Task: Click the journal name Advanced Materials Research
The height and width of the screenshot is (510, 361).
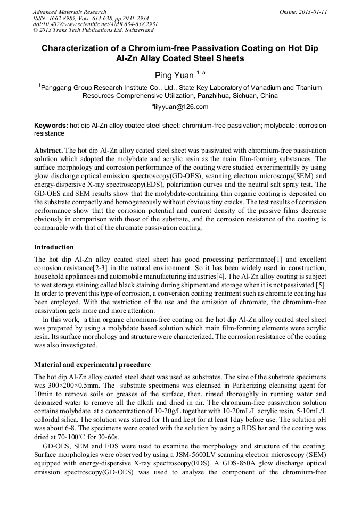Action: (x=69, y=12)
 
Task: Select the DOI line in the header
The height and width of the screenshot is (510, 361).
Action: (x=95, y=24)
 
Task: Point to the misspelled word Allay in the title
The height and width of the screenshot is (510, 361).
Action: (x=140, y=58)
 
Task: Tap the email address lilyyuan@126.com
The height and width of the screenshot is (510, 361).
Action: (x=181, y=107)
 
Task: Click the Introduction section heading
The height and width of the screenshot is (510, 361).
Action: (x=54, y=247)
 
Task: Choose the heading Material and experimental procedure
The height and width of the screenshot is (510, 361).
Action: (x=92, y=365)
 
